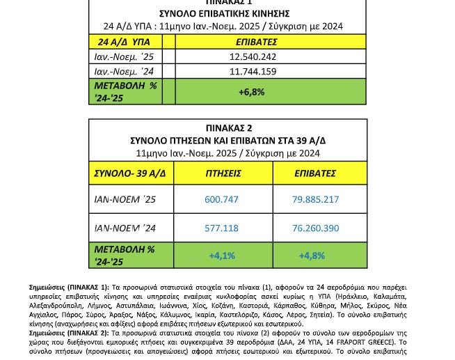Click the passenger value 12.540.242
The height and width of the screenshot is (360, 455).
click(x=253, y=57)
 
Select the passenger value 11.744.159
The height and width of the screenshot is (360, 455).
click(x=253, y=72)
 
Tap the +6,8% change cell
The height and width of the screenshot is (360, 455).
click(x=251, y=92)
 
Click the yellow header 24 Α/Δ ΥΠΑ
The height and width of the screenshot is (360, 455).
click(x=122, y=42)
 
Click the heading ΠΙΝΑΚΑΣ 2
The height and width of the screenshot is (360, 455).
click(x=228, y=128)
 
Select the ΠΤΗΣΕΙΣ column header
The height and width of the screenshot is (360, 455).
click(x=223, y=173)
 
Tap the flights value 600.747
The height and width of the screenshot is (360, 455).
click(x=221, y=199)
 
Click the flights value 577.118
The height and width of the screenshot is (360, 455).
click(x=221, y=228)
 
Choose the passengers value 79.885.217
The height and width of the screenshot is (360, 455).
click(x=316, y=199)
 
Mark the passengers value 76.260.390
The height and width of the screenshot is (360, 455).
click(x=316, y=228)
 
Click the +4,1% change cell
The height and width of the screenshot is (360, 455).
click(x=222, y=256)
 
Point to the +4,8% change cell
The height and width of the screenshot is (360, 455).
click(x=312, y=256)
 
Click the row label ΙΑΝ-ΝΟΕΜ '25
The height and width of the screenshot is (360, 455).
click(x=125, y=200)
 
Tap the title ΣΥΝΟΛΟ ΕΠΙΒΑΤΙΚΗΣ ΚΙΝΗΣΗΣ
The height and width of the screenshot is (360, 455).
click(x=224, y=14)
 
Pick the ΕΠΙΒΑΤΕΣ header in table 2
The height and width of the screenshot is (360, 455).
click(x=315, y=173)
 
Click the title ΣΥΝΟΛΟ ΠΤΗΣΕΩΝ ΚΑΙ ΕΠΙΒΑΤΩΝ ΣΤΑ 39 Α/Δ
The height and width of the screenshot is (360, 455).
click(x=228, y=141)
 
